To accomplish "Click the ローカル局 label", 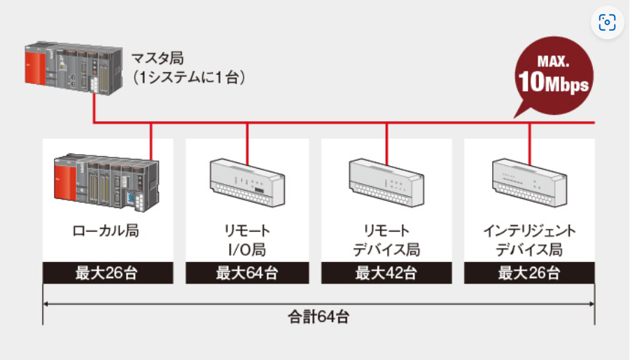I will click(106, 232).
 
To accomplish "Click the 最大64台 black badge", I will click(247, 272).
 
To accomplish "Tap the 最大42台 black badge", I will click(387, 272).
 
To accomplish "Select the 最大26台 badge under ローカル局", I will click(107, 272).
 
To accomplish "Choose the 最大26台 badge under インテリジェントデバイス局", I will click(529, 272).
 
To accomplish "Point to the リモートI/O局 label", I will click(247, 240).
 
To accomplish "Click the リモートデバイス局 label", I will click(387, 240).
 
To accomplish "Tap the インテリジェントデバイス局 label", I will click(529, 240).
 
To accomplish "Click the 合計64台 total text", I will click(318, 317).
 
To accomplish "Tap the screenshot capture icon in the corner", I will click(606, 23).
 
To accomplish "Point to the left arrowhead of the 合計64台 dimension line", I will click(46, 305).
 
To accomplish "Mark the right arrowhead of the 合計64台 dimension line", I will click(591, 305).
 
